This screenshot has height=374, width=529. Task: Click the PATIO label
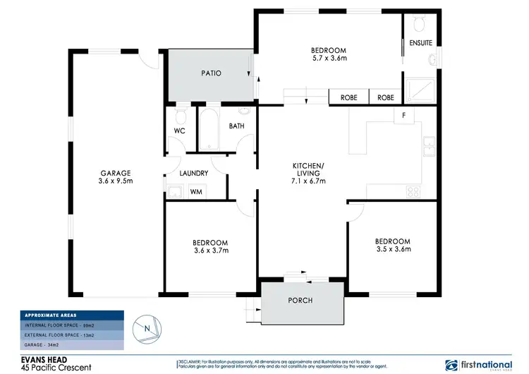(x=212, y=73)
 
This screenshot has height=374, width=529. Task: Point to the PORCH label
(x=300, y=301)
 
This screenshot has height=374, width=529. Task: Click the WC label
(x=178, y=131)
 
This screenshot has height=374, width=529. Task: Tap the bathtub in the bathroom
(x=208, y=128)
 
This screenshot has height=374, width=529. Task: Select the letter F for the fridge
(x=403, y=115)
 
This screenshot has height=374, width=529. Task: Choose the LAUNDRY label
(x=193, y=173)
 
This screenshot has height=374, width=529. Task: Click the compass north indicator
(x=146, y=328)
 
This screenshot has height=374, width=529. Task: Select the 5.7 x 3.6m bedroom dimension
(x=329, y=59)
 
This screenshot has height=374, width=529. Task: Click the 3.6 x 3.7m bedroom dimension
(x=210, y=250)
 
